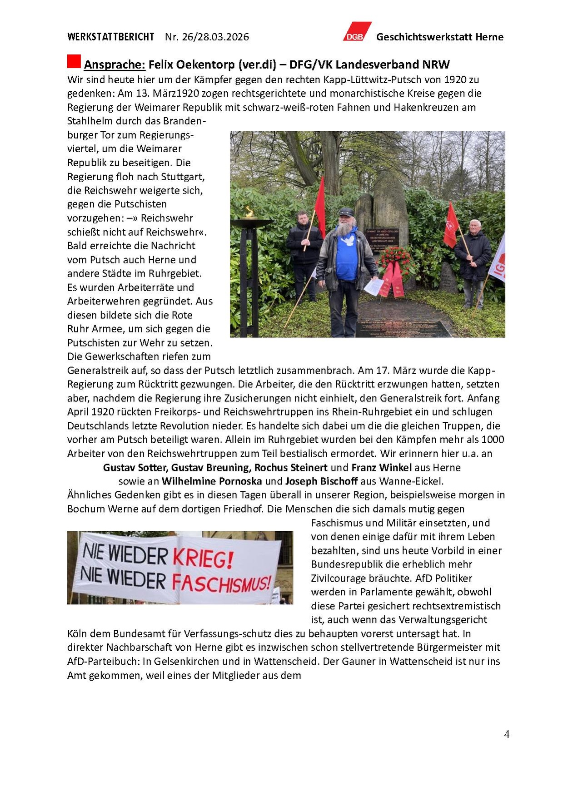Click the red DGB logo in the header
(x=357, y=32)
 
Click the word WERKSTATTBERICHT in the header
(x=111, y=37)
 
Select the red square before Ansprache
(x=74, y=61)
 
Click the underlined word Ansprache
(x=115, y=64)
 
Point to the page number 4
(x=507, y=734)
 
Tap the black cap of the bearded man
(x=346, y=212)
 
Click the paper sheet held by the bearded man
(x=374, y=287)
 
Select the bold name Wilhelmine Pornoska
(x=212, y=481)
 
